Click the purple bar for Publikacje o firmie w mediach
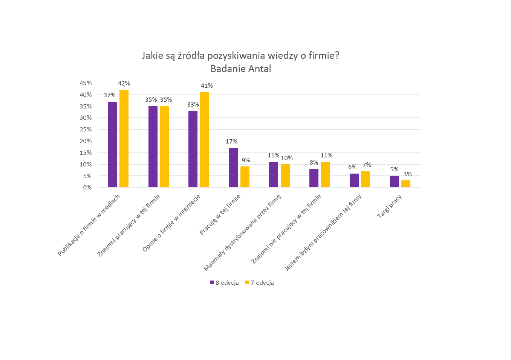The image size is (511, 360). [x=113, y=144]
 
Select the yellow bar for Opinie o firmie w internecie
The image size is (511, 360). [x=205, y=140]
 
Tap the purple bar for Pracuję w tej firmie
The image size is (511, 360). [x=233, y=168]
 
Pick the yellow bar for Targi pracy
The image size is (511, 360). [x=406, y=184]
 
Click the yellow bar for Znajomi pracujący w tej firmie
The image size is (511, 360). [x=164, y=146]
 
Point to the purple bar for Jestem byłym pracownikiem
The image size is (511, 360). [x=354, y=180]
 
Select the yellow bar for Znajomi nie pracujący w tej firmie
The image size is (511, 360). [x=325, y=174]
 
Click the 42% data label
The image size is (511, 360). [x=124, y=84]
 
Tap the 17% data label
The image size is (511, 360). [x=231, y=142]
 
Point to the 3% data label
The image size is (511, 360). [x=407, y=174]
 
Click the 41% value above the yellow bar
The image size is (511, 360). [x=207, y=86]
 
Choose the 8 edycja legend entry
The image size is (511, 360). [x=225, y=283]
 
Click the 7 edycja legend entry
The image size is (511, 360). [x=260, y=283]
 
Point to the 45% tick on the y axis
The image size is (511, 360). [x=86, y=83]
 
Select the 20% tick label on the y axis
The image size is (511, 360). [x=86, y=141]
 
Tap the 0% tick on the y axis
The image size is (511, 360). [x=87, y=187]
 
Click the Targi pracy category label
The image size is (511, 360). [x=390, y=206]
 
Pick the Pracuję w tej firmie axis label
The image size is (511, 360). [x=220, y=215]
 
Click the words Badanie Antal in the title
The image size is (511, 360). [x=241, y=69]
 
